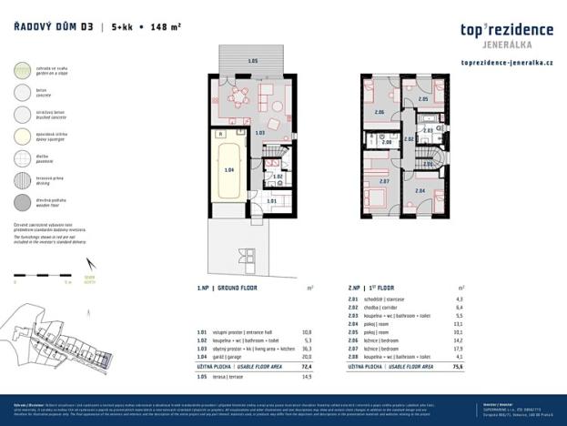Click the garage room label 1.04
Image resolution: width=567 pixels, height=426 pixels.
(228, 170)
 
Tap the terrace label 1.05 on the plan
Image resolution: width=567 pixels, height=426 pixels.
(252, 61)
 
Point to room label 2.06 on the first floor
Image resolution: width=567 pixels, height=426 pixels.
(380, 112)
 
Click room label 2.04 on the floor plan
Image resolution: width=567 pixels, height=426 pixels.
(420, 191)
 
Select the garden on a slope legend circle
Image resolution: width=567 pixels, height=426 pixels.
(20, 70)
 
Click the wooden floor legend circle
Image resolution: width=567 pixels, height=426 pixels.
(20, 202)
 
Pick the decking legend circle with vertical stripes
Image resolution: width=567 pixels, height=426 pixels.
(20, 180)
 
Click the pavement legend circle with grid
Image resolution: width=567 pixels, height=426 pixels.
(20, 158)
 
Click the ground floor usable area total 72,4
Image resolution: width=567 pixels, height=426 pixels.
(307, 367)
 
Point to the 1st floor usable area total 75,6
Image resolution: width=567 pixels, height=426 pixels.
(459, 367)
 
